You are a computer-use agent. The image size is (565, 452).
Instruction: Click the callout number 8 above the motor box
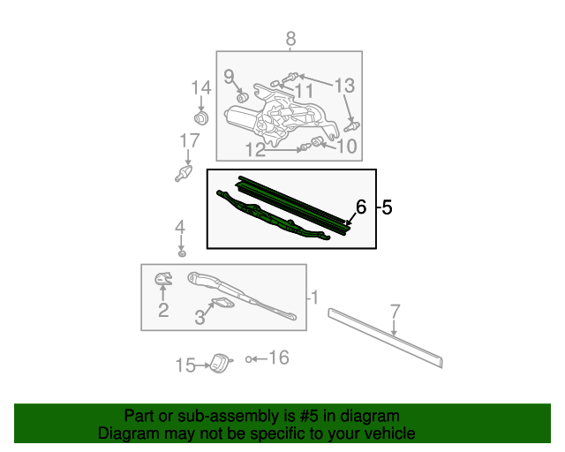coord(290,39)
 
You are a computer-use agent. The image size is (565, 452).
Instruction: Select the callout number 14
coord(201,87)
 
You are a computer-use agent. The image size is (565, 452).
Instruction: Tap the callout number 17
coord(190,140)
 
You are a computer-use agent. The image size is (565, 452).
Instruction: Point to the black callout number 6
coord(361,207)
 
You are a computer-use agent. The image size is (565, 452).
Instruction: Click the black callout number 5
coord(387,207)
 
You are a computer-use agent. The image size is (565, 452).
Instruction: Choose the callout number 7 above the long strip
coord(395,311)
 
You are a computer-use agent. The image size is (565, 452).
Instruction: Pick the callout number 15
coord(185,365)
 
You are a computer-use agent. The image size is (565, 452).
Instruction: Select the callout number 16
coord(279,358)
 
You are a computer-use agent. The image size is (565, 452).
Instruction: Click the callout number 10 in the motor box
coord(347,146)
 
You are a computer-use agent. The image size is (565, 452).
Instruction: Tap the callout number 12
coord(255,149)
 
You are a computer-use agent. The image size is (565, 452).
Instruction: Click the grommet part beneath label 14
coord(201,118)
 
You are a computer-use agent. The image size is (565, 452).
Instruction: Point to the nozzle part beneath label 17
coord(184,173)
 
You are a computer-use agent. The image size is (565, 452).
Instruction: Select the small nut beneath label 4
coord(182,253)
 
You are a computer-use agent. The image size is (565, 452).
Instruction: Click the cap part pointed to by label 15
coord(220,363)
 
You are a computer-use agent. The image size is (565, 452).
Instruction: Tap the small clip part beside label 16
coord(248,359)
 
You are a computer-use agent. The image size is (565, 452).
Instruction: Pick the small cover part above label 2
coord(163,279)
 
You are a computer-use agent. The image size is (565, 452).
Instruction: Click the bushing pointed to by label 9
coord(241,97)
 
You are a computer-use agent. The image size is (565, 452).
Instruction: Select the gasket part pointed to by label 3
coord(223,303)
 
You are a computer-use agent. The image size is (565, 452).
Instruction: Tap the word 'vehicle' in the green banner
coord(390,433)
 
